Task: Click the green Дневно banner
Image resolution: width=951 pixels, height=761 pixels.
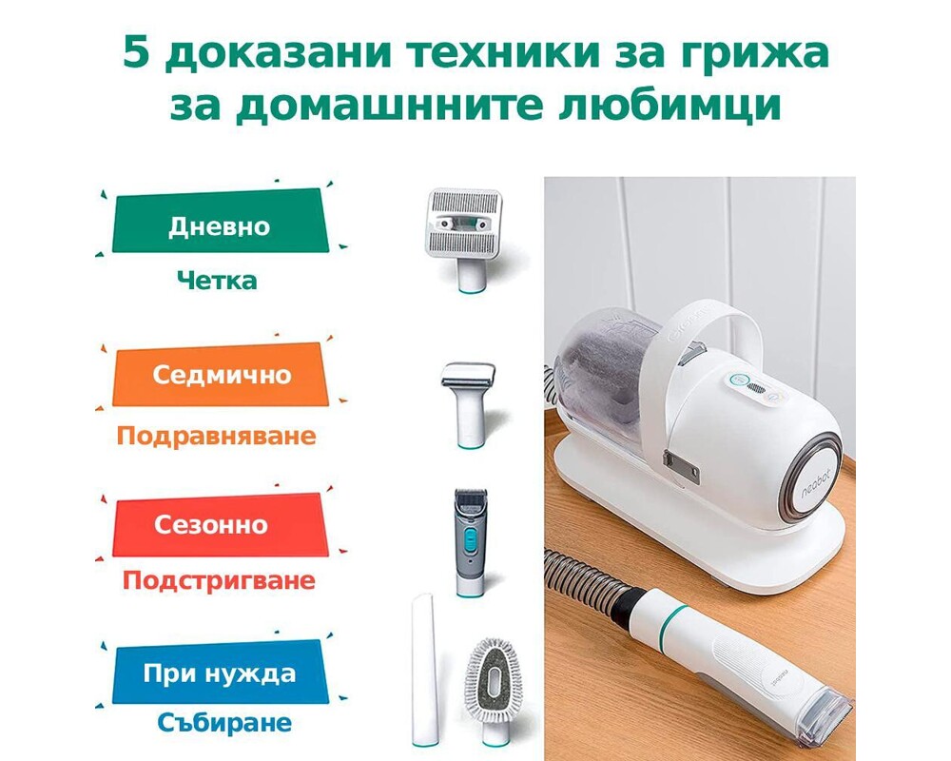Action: [x=218, y=226]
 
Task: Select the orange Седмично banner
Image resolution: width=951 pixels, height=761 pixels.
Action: [x=221, y=374]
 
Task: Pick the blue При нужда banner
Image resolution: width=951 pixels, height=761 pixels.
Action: [x=219, y=674]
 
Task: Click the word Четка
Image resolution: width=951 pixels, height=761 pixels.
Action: [x=217, y=281]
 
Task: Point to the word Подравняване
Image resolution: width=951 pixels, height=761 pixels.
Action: [x=216, y=436]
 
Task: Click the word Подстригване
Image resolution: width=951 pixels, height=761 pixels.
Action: [x=218, y=579]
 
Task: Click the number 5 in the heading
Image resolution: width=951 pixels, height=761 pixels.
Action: [x=136, y=56]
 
